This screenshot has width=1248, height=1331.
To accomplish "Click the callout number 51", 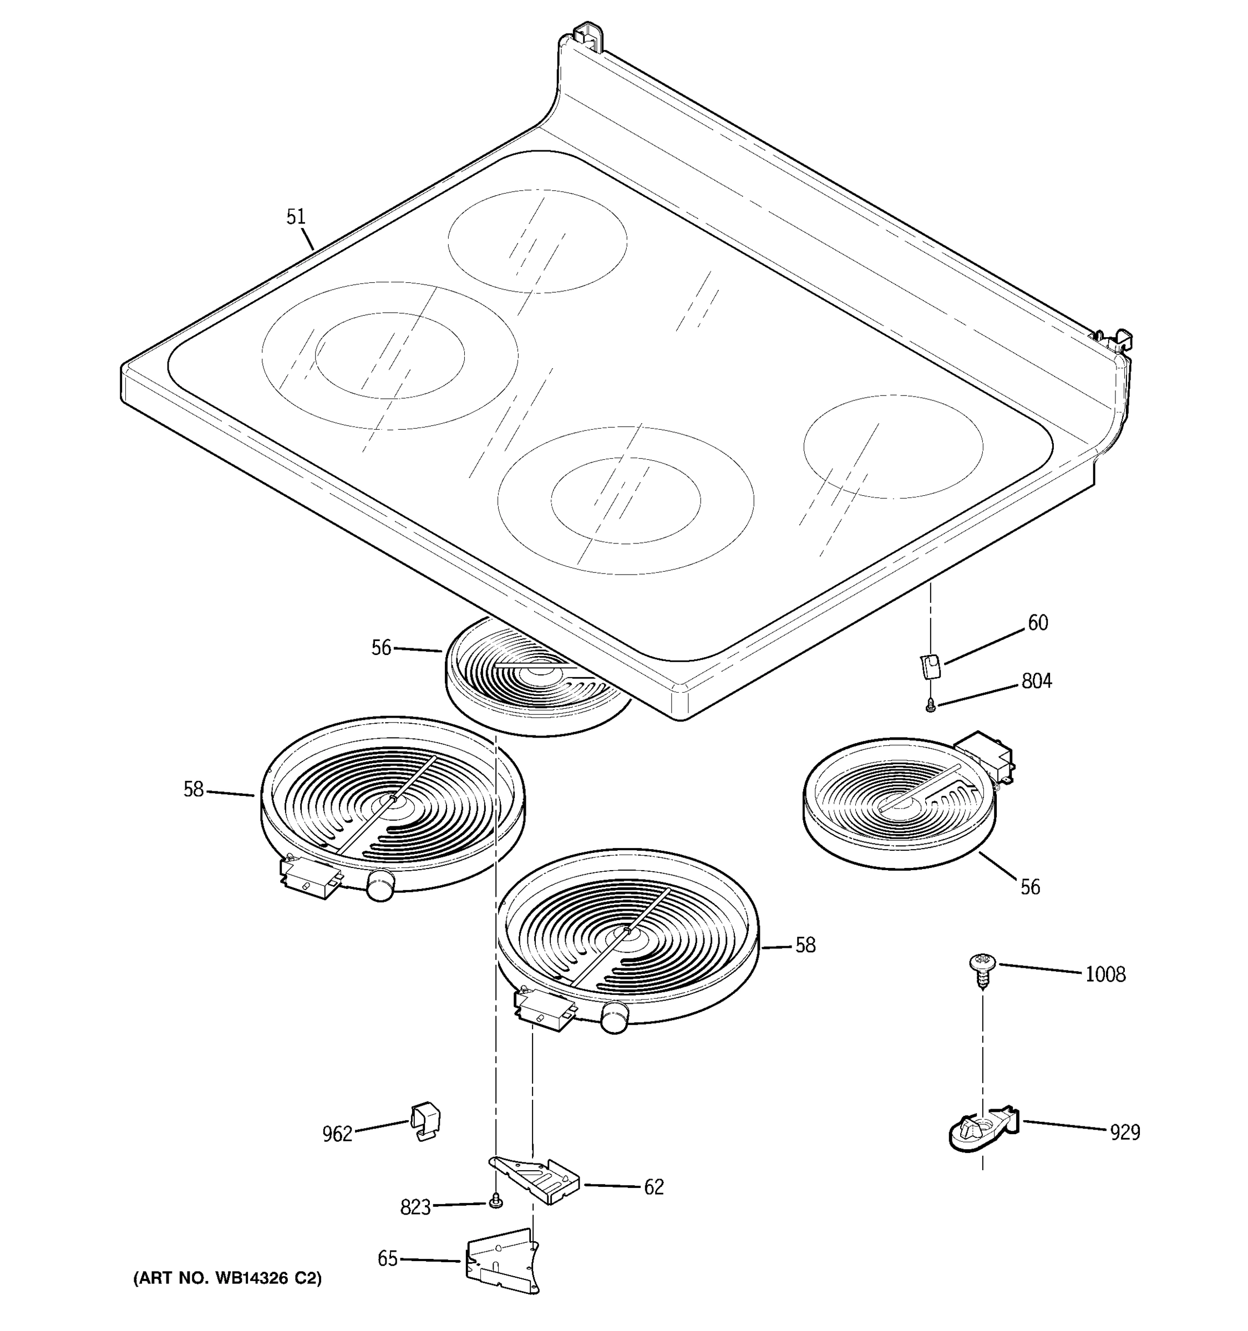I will coord(296,217).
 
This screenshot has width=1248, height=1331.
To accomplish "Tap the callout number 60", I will coord(1038,623).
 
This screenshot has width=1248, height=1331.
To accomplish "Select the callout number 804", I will coord(1037,682).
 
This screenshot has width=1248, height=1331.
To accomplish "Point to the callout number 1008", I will coord(1105,974).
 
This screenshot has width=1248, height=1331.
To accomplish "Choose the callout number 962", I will coord(337,1134).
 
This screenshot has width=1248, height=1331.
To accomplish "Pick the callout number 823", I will coord(415,1207).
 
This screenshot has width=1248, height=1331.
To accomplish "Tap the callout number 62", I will coord(653,1187).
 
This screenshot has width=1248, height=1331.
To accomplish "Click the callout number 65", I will coord(388,1259).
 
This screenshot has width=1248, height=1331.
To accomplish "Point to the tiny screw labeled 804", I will coord(930,704).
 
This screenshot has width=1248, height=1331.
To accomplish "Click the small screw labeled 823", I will coord(495,1202).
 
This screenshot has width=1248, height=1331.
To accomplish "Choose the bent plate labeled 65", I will coord(502,1259).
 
